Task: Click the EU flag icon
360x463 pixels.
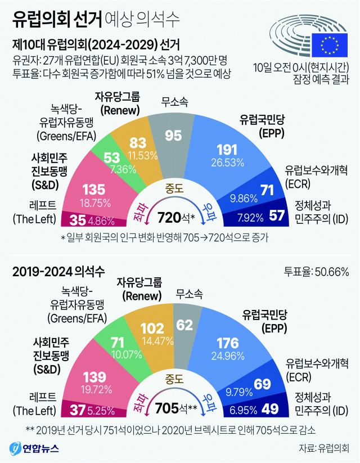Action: pos(329,43)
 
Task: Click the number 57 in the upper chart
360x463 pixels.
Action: pos(277,216)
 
